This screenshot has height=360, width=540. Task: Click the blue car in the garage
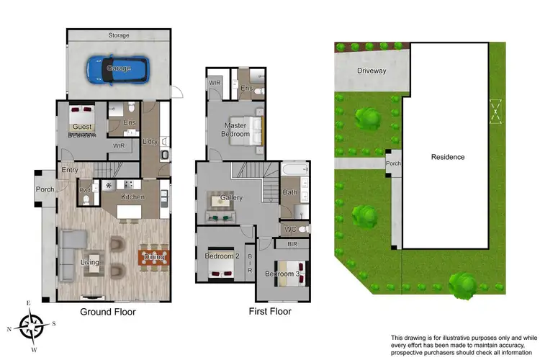119,68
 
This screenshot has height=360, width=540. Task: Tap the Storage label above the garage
119,35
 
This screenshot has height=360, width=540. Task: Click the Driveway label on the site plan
372,71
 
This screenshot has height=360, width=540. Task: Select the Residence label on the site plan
447,157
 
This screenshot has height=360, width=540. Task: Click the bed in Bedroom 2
221,268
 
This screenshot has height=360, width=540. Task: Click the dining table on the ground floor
153,256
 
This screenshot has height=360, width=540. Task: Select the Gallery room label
231,197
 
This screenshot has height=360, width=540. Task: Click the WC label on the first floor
290,230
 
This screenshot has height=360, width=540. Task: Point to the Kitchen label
132,197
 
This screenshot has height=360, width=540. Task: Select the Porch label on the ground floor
45,189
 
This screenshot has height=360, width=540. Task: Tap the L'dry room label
150,141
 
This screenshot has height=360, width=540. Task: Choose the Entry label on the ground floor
69,171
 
